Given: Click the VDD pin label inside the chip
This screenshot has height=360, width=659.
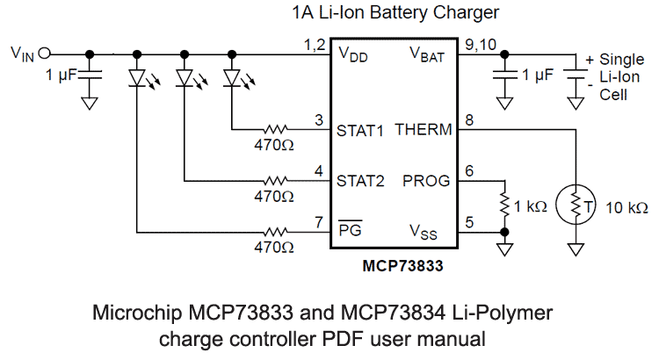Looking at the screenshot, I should (x=353, y=54).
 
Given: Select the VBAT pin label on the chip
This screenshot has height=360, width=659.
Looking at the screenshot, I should (x=428, y=54).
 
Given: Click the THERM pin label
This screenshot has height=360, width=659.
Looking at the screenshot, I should (x=424, y=131).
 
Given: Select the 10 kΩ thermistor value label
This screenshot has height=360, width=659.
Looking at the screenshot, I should (x=627, y=208).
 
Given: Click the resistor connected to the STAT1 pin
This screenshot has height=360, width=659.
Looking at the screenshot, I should (x=279, y=130).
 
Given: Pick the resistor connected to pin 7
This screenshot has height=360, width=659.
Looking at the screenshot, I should (x=279, y=232).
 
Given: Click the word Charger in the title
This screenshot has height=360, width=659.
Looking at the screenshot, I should (x=467, y=12).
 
